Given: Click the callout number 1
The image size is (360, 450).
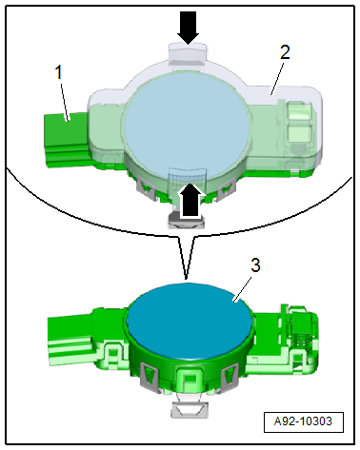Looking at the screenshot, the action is (x=59, y=72).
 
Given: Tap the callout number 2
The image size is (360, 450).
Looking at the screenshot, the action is (x=285, y=52).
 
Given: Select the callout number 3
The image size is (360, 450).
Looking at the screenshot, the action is (x=255, y=265).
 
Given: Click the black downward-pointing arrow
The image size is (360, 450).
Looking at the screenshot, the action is (x=189, y=28).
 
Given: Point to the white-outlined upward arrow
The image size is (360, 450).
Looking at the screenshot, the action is (x=191, y=201).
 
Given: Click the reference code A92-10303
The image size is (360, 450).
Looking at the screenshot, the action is (x=303, y=421).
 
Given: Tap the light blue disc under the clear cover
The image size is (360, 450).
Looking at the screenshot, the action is (x=188, y=124).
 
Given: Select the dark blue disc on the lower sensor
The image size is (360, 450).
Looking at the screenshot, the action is (x=190, y=321).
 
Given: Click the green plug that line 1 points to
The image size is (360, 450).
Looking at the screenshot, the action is (x=67, y=140).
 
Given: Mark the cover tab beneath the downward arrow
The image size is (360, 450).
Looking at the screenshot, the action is (x=188, y=54).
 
